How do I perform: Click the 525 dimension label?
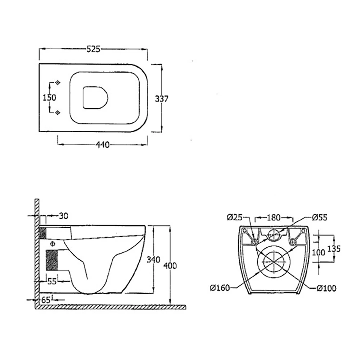point(93,49)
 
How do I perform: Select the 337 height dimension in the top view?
point(161,98)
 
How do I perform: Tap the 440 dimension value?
point(102,145)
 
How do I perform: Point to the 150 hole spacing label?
point(50,98)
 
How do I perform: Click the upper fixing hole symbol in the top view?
point(57,83)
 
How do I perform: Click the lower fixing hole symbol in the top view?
point(57,113)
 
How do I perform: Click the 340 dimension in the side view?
point(154,260)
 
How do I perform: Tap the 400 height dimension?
point(170,266)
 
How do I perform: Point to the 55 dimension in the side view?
point(52,282)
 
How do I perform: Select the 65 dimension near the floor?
point(46,298)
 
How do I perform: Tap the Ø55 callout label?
point(319,217)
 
